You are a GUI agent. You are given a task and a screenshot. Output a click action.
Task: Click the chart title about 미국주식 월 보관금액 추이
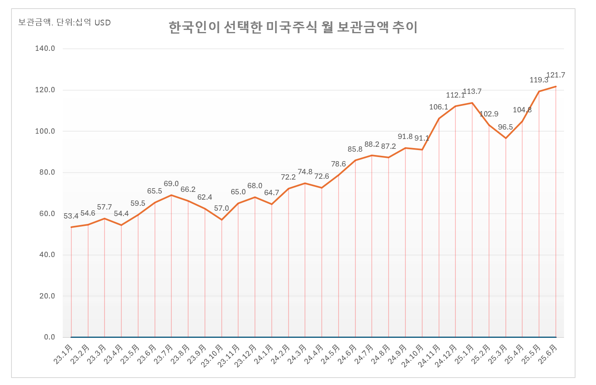(293, 27)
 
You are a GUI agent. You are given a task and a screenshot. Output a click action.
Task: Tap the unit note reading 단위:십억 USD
(64, 23)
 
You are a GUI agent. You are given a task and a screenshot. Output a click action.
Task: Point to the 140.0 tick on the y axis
(45, 48)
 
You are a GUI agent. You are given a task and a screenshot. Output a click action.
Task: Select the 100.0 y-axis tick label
(45, 131)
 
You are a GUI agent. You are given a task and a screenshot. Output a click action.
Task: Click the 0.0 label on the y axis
(49, 337)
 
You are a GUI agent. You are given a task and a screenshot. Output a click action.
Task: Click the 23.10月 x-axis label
(213, 355)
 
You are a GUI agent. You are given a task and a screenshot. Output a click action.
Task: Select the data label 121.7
(555, 75)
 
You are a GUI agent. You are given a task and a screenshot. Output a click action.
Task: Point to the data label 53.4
(71, 216)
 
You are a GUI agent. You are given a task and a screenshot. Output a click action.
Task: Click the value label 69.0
(171, 184)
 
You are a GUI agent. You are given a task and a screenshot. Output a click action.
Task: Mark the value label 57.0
(221, 208)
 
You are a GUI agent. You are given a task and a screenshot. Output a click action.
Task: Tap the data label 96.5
(505, 127)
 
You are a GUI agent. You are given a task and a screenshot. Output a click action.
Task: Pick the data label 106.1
(439, 107)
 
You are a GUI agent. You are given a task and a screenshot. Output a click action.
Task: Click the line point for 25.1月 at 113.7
(472, 103)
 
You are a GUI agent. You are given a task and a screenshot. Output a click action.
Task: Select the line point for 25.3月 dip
(506, 138)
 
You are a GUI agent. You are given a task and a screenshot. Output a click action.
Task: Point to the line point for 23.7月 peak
(171, 195)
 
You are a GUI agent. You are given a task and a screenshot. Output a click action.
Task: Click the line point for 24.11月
(439, 118)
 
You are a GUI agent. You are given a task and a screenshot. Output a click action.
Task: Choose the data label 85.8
(355, 149)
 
